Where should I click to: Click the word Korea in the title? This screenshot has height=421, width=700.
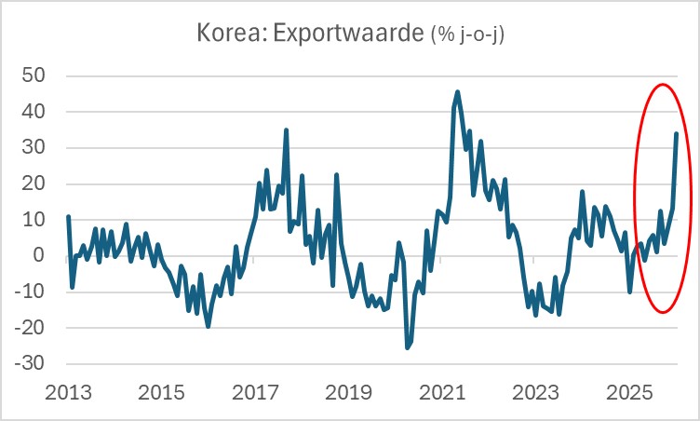(x=226, y=34)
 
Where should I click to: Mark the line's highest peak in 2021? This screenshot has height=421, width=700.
(x=457, y=92)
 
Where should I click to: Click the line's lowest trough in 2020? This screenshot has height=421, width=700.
(x=407, y=347)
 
